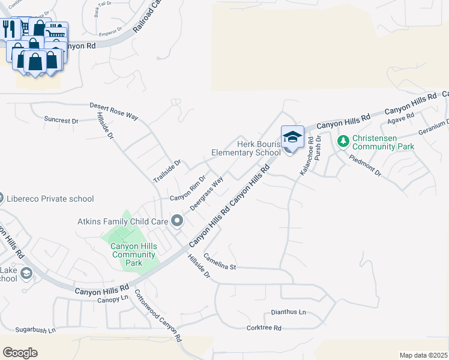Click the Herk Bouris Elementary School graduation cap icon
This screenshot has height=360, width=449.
[x=292, y=137]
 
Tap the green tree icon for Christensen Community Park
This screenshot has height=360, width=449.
[x=343, y=142]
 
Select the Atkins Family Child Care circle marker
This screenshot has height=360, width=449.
[x=177, y=221]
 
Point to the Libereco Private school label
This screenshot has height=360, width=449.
[x=50, y=199]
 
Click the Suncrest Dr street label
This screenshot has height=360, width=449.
[x=61, y=120]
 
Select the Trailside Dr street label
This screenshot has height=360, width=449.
[x=166, y=172]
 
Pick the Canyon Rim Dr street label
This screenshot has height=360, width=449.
[x=188, y=188]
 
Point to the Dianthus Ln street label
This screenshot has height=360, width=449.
[x=288, y=312]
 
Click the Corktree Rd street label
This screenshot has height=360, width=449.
[x=264, y=328]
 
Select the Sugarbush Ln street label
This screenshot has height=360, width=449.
[x=35, y=330]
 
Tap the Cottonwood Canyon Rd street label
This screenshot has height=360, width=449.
[x=158, y=316]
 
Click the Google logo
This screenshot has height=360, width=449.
[x=20, y=353]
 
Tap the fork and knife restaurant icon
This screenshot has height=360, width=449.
[x=8, y=29]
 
